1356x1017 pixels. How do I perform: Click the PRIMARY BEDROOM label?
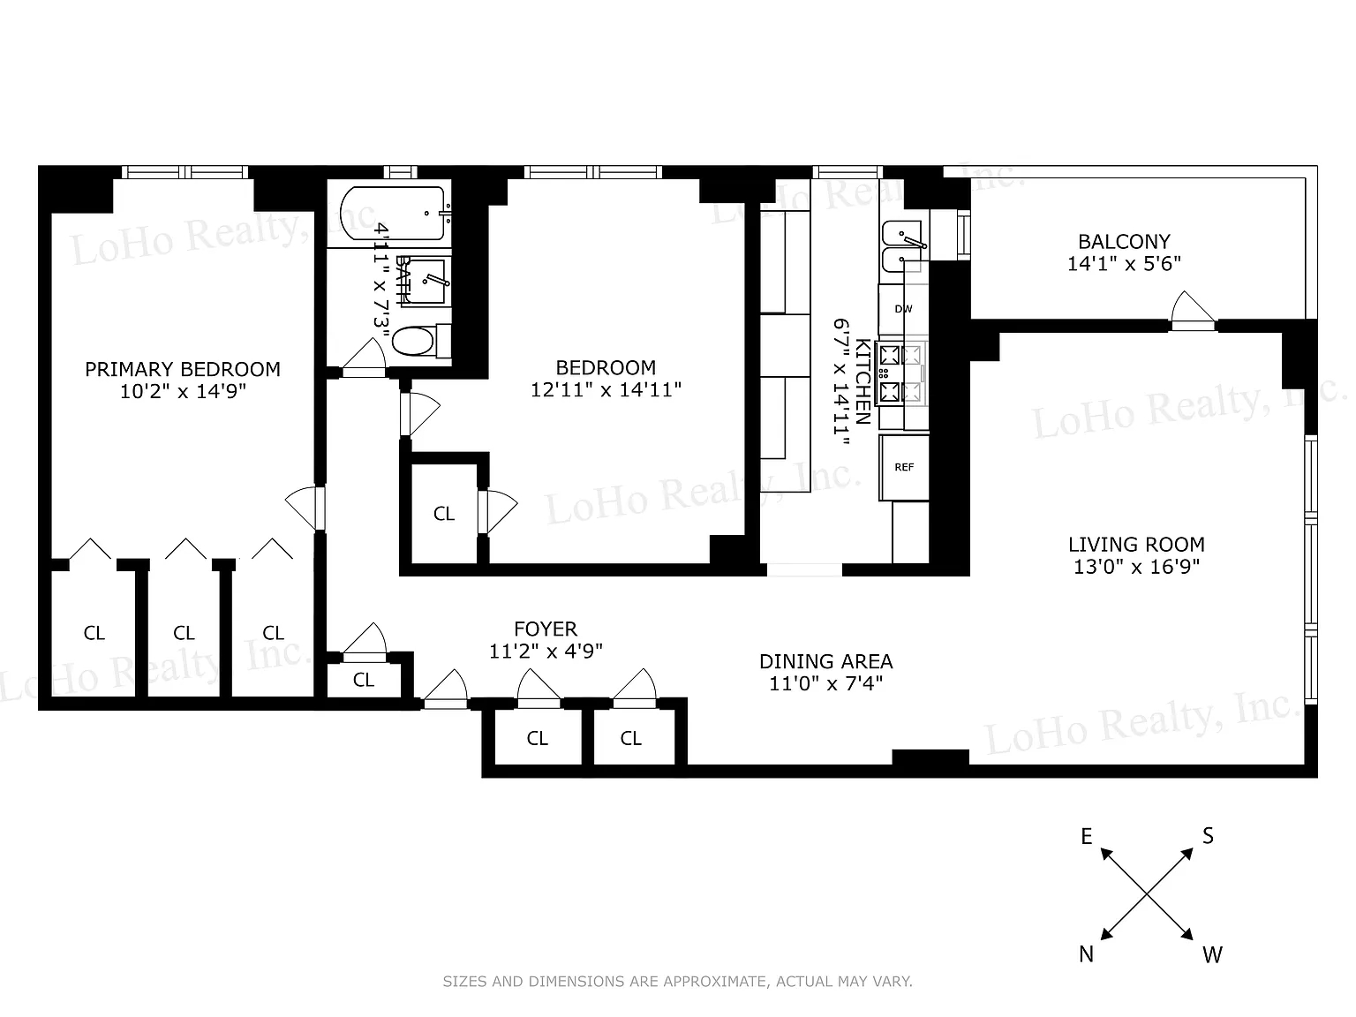(x=182, y=369)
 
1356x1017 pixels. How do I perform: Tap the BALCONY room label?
(x=1124, y=241)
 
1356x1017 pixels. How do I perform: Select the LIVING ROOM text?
(x=1137, y=545)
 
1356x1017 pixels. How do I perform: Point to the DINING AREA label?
(x=826, y=662)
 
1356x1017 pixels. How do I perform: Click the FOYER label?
(x=546, y=629)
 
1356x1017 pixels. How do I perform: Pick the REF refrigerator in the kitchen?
(x=904, y=467)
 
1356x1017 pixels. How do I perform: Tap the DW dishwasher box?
(x=902, y=309)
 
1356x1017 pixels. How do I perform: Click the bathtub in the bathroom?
(x=392, y=213)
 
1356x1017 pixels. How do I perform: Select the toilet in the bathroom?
(x=421, y=341)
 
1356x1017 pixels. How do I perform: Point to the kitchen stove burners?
(x=903, y=373)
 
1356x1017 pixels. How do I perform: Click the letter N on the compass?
(x=1086, y=954)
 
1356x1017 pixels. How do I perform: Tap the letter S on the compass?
(x=1208, y=836)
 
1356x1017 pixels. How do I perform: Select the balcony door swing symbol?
(x=1193, y=311)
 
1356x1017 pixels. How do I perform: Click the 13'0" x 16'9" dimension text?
(x=1137, y=567)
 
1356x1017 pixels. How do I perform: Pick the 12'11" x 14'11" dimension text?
(x=606, y=389)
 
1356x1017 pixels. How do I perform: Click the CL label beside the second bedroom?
(x=444, y=514)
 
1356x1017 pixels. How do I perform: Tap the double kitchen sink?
(x=904, y=246)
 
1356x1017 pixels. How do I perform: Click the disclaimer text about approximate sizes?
(x=678, y=981)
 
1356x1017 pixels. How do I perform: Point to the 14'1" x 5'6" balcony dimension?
(x=1125, y=264)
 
